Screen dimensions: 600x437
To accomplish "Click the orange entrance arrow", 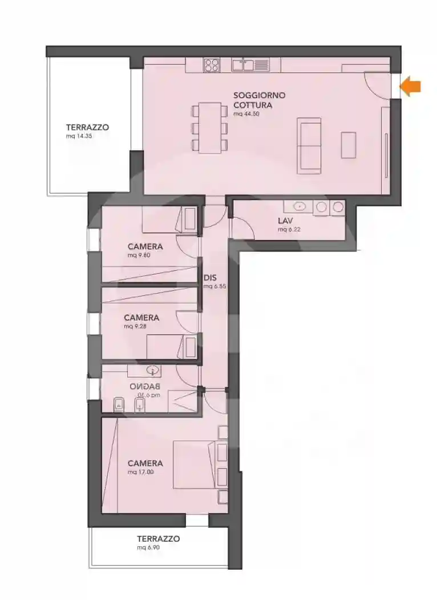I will pyautogui.click(x=411, y=87).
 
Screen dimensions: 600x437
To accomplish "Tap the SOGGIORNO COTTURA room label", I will pyautogui.click(x=259, y=100).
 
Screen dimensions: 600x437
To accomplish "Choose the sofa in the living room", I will pyautogui.click(x=310, y=146).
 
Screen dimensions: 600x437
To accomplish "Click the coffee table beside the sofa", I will pyautogui.click(x=349, y=145).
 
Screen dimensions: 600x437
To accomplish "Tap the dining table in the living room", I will pyautogui.click(x=210, y=127).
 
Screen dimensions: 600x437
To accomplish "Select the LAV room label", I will pyautogui.click(x=285, y=221).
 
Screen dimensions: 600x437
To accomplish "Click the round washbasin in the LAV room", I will pyautogui.click(x=298, y=206).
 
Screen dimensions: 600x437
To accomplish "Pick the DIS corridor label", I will pyautogui.click(x=209, y=277).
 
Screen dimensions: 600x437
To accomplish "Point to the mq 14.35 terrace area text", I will pyautogui.click(x=79, y=137).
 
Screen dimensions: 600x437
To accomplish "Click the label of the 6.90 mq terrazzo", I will pyautogui.click(x=158, y=539).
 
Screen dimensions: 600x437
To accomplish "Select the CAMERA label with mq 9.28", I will pyautogui.click(x=141, y=317).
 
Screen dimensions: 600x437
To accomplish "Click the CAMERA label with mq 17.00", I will pyautogui.click(x=145, y=463).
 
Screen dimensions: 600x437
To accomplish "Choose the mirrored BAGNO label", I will pyautogui.click(x=144, y=386).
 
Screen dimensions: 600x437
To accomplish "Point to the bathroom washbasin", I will pyautogui.click(x=152, y=370).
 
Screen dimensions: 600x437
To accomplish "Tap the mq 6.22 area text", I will pyautogui.click(x=289, y=229).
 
